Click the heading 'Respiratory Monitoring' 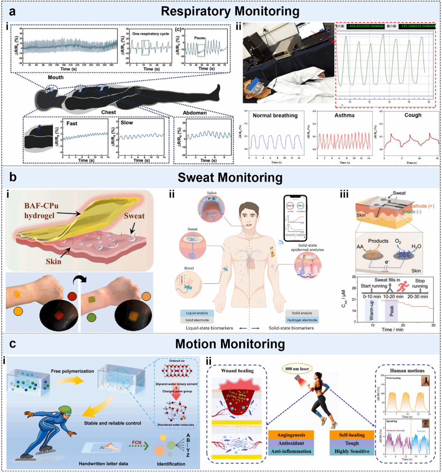click(x=230, y=12)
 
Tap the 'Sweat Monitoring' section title click(x=230, y=178)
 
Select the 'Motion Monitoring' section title click(x=230, y=344)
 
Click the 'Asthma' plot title click(x=344, y=115)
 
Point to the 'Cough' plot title click(x=413, y=115)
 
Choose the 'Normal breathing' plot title click(x=275, y=115)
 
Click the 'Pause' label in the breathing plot click(x=200, y=38)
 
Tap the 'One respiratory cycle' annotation click(x=150, y=34)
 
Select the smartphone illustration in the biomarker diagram click(x=295, y=218)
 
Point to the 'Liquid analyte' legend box click(x=197, y=313)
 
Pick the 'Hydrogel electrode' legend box click(x=302, y=320)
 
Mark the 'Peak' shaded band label click(x=391, y=310)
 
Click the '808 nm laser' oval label click(x=297, y=368)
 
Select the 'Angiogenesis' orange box click(x=291, y=435)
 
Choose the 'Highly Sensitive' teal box click(x=352, y=451)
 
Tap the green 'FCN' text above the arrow click(x=137, y=443)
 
